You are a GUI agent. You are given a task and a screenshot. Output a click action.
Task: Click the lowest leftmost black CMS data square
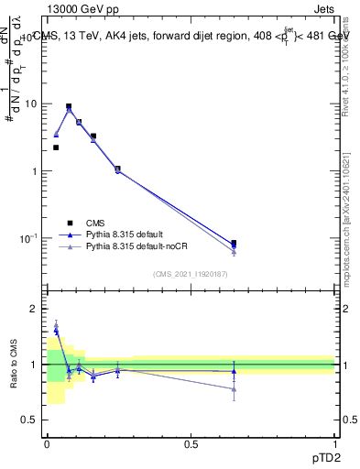56,147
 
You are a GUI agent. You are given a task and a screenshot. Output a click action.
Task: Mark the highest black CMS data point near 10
69,106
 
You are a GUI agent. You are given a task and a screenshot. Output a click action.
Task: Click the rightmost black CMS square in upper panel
234,244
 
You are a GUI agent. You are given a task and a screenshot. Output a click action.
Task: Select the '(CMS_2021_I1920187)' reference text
190,273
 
